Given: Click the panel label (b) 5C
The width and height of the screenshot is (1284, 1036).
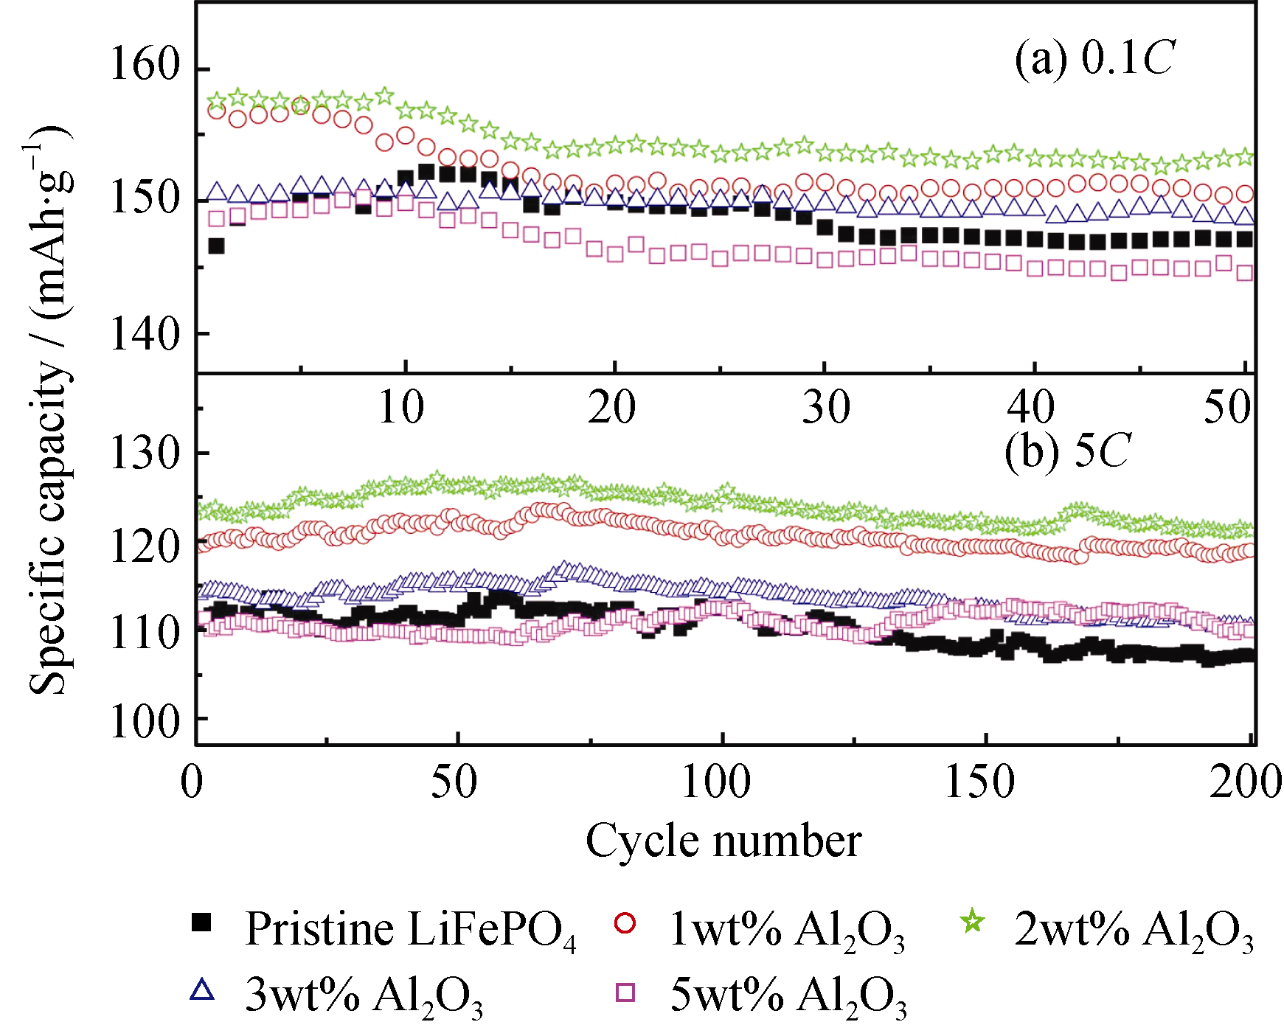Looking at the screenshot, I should coord(1066,451).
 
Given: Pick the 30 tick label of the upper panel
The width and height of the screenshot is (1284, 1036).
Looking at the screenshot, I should coord(826,407).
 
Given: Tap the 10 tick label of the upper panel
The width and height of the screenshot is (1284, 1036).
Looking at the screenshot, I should coord(401,407).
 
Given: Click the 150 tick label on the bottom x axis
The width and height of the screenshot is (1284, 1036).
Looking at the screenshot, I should coord(979,782).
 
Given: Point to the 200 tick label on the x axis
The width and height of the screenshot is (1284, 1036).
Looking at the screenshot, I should coord(1245,782).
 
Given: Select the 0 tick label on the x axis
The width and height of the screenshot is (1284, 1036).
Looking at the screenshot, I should coord(192,782).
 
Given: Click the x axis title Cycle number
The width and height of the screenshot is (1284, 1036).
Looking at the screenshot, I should coord(723,841).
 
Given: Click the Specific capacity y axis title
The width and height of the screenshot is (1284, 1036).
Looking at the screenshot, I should coord(50,413).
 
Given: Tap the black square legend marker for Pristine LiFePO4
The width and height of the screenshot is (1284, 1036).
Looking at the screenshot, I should coord(201,922).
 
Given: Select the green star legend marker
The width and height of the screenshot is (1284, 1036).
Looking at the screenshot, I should coord(973,922).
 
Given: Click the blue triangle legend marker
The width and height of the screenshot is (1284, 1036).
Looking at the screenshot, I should coord(201,990).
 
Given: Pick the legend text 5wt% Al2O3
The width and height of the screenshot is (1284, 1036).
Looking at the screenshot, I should coord(788,995).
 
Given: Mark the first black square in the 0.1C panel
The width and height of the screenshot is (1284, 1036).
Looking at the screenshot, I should coord(216,246).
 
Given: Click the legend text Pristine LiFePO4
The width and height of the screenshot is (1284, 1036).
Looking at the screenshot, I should coord(410,929).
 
